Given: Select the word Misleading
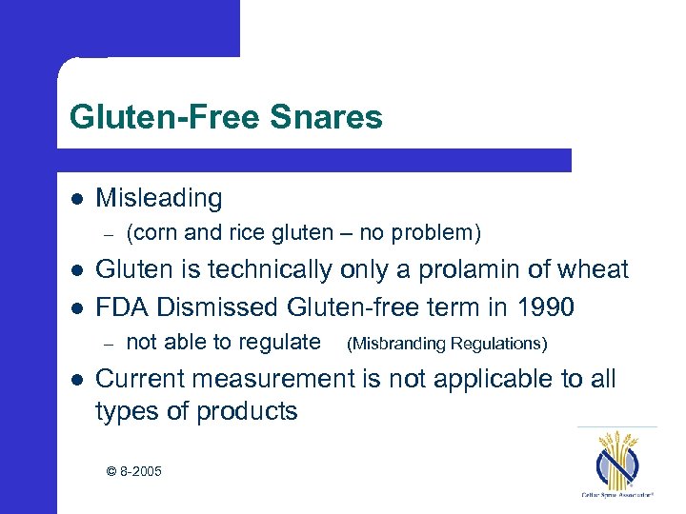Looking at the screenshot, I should [x=159, y=198].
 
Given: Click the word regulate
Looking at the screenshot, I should [x=277, y=342].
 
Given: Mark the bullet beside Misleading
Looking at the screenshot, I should [x=75, y=199].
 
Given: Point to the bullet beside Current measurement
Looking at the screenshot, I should [x=75, y=380].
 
